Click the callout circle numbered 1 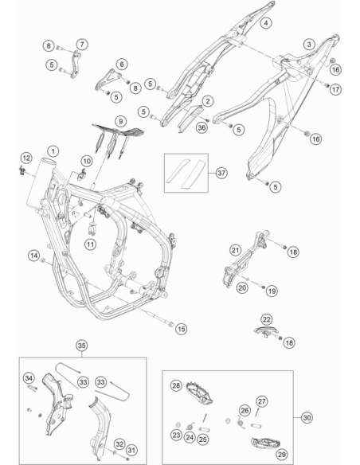(x=53, y=151)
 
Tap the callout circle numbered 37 (x=221, y=173)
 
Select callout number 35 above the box (x=81, y=346)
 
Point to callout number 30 (x=307, y=417)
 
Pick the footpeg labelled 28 (x=200, y=393)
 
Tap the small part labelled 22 (x=266, y=332)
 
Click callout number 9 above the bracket (x=121, y=121)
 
